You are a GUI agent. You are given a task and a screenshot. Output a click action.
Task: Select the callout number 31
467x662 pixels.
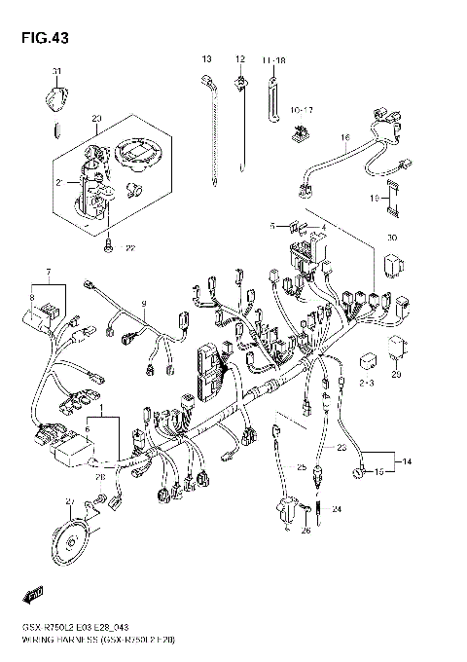[56, 72]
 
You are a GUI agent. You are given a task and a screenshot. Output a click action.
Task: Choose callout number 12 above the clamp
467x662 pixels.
[239, 60]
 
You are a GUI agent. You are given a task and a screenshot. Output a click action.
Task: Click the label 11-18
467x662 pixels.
[273, 60]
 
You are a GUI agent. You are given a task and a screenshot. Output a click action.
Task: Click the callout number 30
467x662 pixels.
[391, 238]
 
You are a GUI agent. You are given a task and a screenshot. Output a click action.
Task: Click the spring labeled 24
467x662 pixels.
[312, 508]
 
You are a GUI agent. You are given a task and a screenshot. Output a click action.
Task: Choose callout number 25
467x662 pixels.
[302, 467]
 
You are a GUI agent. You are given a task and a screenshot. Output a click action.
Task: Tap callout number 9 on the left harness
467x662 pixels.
[143, 305]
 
